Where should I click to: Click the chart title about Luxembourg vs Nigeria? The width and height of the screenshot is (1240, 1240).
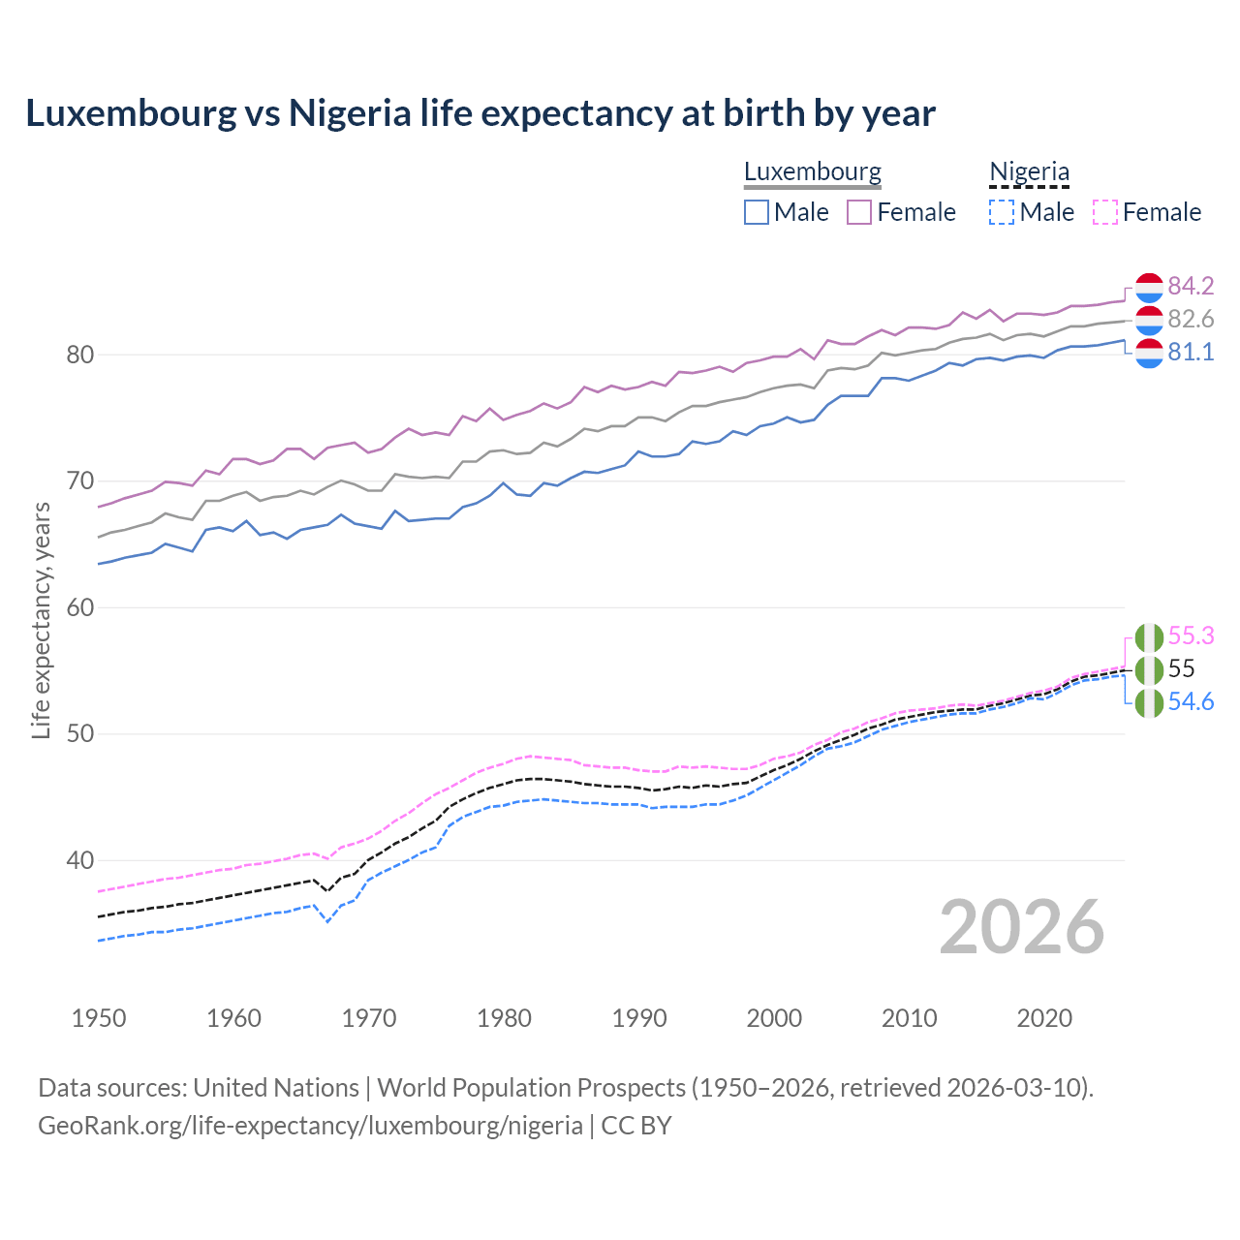tap(480, 113)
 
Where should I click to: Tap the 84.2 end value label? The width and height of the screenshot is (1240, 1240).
tap(1191, 286)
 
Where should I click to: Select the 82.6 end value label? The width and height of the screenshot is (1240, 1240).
tap(1191, 319)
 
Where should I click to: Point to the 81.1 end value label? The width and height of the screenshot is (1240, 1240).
tap(1191, 352)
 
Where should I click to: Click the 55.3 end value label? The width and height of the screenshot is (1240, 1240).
tap(1191, 635)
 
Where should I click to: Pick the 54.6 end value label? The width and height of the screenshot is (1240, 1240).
tap(1191, 701)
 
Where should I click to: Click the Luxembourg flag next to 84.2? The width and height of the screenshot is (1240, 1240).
tap(1149, 287)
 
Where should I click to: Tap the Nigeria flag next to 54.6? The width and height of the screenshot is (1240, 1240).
tap(1149, 702)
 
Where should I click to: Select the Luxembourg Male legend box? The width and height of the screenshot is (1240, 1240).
tap(757, 212)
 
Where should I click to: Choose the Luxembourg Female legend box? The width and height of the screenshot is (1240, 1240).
tap(859, 212)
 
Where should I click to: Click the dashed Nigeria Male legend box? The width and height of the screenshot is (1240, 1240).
tap(1002, 212)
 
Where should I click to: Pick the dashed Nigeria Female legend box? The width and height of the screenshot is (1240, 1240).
tap(1105, 212)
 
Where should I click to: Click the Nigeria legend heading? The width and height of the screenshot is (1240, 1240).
tap(1029, 171)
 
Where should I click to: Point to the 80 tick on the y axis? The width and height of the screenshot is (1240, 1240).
tap(79, 355)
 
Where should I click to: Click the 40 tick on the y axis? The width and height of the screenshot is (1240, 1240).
tap(79, 860)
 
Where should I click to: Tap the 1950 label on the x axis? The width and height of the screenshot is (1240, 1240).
tap(99, 1018)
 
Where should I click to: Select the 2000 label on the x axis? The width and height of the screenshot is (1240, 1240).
tap(774, 1018)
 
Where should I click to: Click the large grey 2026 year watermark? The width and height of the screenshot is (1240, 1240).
tap(1021, 927)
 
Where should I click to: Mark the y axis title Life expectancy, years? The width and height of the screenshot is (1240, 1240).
tap(41, 620)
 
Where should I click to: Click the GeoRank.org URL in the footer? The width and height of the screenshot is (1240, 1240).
tap(310, 1126)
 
